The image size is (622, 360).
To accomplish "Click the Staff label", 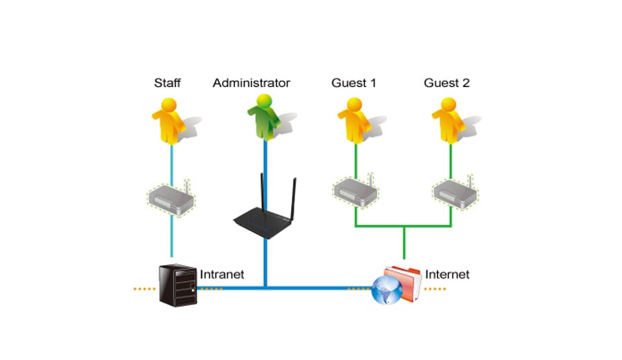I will point(167,83).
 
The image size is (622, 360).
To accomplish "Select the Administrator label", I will point(251,83).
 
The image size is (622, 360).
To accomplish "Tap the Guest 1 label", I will point(354,83).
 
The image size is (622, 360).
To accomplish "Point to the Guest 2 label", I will point(446,83).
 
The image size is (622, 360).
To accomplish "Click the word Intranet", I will point(222,274).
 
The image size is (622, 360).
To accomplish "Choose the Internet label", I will point(447,274).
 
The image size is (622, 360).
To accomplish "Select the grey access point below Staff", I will point(171,197).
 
